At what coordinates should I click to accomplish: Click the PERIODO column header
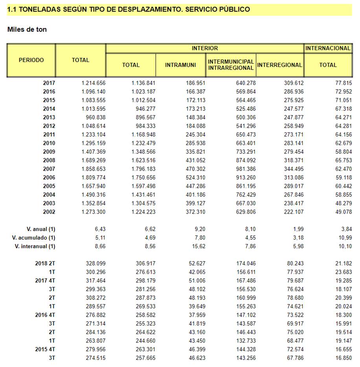[31, 60]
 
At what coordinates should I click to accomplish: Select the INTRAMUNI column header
[180, 65]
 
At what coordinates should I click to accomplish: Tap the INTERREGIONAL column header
[279, 65]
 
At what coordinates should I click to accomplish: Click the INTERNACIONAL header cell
[328, 48]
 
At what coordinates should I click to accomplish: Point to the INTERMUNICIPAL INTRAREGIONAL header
[231, 65]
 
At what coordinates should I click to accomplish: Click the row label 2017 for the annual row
[49, 83]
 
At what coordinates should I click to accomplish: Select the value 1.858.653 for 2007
[94, 169]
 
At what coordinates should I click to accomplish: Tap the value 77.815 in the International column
[340, 83]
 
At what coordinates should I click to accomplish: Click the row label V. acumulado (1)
[34, 238]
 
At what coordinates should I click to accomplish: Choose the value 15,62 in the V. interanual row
[197, 246]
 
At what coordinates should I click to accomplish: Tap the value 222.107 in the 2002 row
[292, 212]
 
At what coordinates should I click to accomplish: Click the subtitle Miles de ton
[27, 29]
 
